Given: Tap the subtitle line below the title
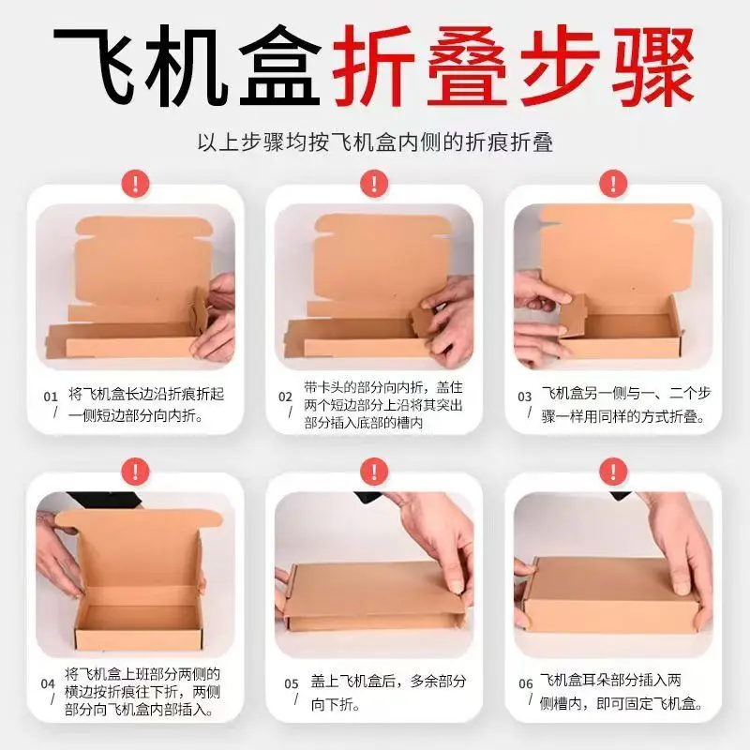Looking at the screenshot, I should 375,142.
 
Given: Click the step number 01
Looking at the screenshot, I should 50,397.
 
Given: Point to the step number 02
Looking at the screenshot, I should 285,397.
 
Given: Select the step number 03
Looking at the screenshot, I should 525,397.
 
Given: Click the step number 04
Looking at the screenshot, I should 47,683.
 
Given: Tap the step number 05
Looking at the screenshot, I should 292,683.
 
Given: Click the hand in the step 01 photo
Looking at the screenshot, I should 217,319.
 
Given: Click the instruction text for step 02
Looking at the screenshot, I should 384,405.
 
